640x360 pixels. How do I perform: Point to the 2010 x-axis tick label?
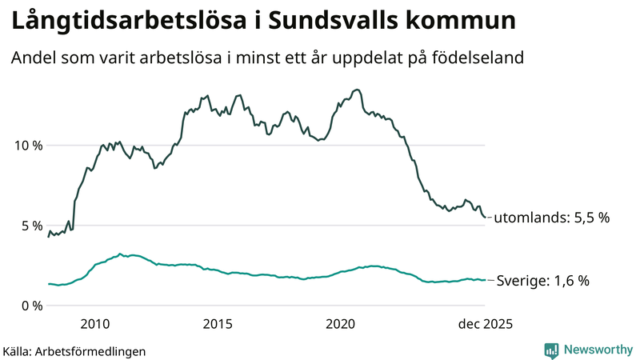coord(95,324)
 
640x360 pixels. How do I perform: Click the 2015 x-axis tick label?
coord(218,324)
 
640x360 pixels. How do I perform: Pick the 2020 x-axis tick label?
coord(341,324)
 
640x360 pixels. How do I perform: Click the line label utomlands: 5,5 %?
coord(552,218)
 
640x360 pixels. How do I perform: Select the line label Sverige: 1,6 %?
coord(543,281)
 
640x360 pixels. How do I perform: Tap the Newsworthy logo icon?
coord(551,350)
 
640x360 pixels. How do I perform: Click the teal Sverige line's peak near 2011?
coord(120,254)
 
